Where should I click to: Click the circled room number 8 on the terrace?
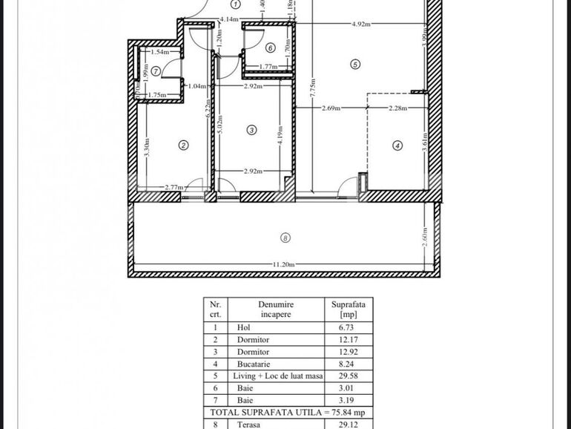286,238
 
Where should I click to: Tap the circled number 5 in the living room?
355,65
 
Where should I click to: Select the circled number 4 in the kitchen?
397,146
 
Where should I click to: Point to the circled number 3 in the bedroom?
251,130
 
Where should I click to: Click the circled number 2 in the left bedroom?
182,145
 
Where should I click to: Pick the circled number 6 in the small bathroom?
270,48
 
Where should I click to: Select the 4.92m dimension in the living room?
361,24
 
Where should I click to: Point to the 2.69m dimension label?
331,108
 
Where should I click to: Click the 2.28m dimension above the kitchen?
397,108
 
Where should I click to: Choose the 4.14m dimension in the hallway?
228,19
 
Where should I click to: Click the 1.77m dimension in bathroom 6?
268,67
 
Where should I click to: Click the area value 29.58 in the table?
348,376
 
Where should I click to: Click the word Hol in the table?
243,327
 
